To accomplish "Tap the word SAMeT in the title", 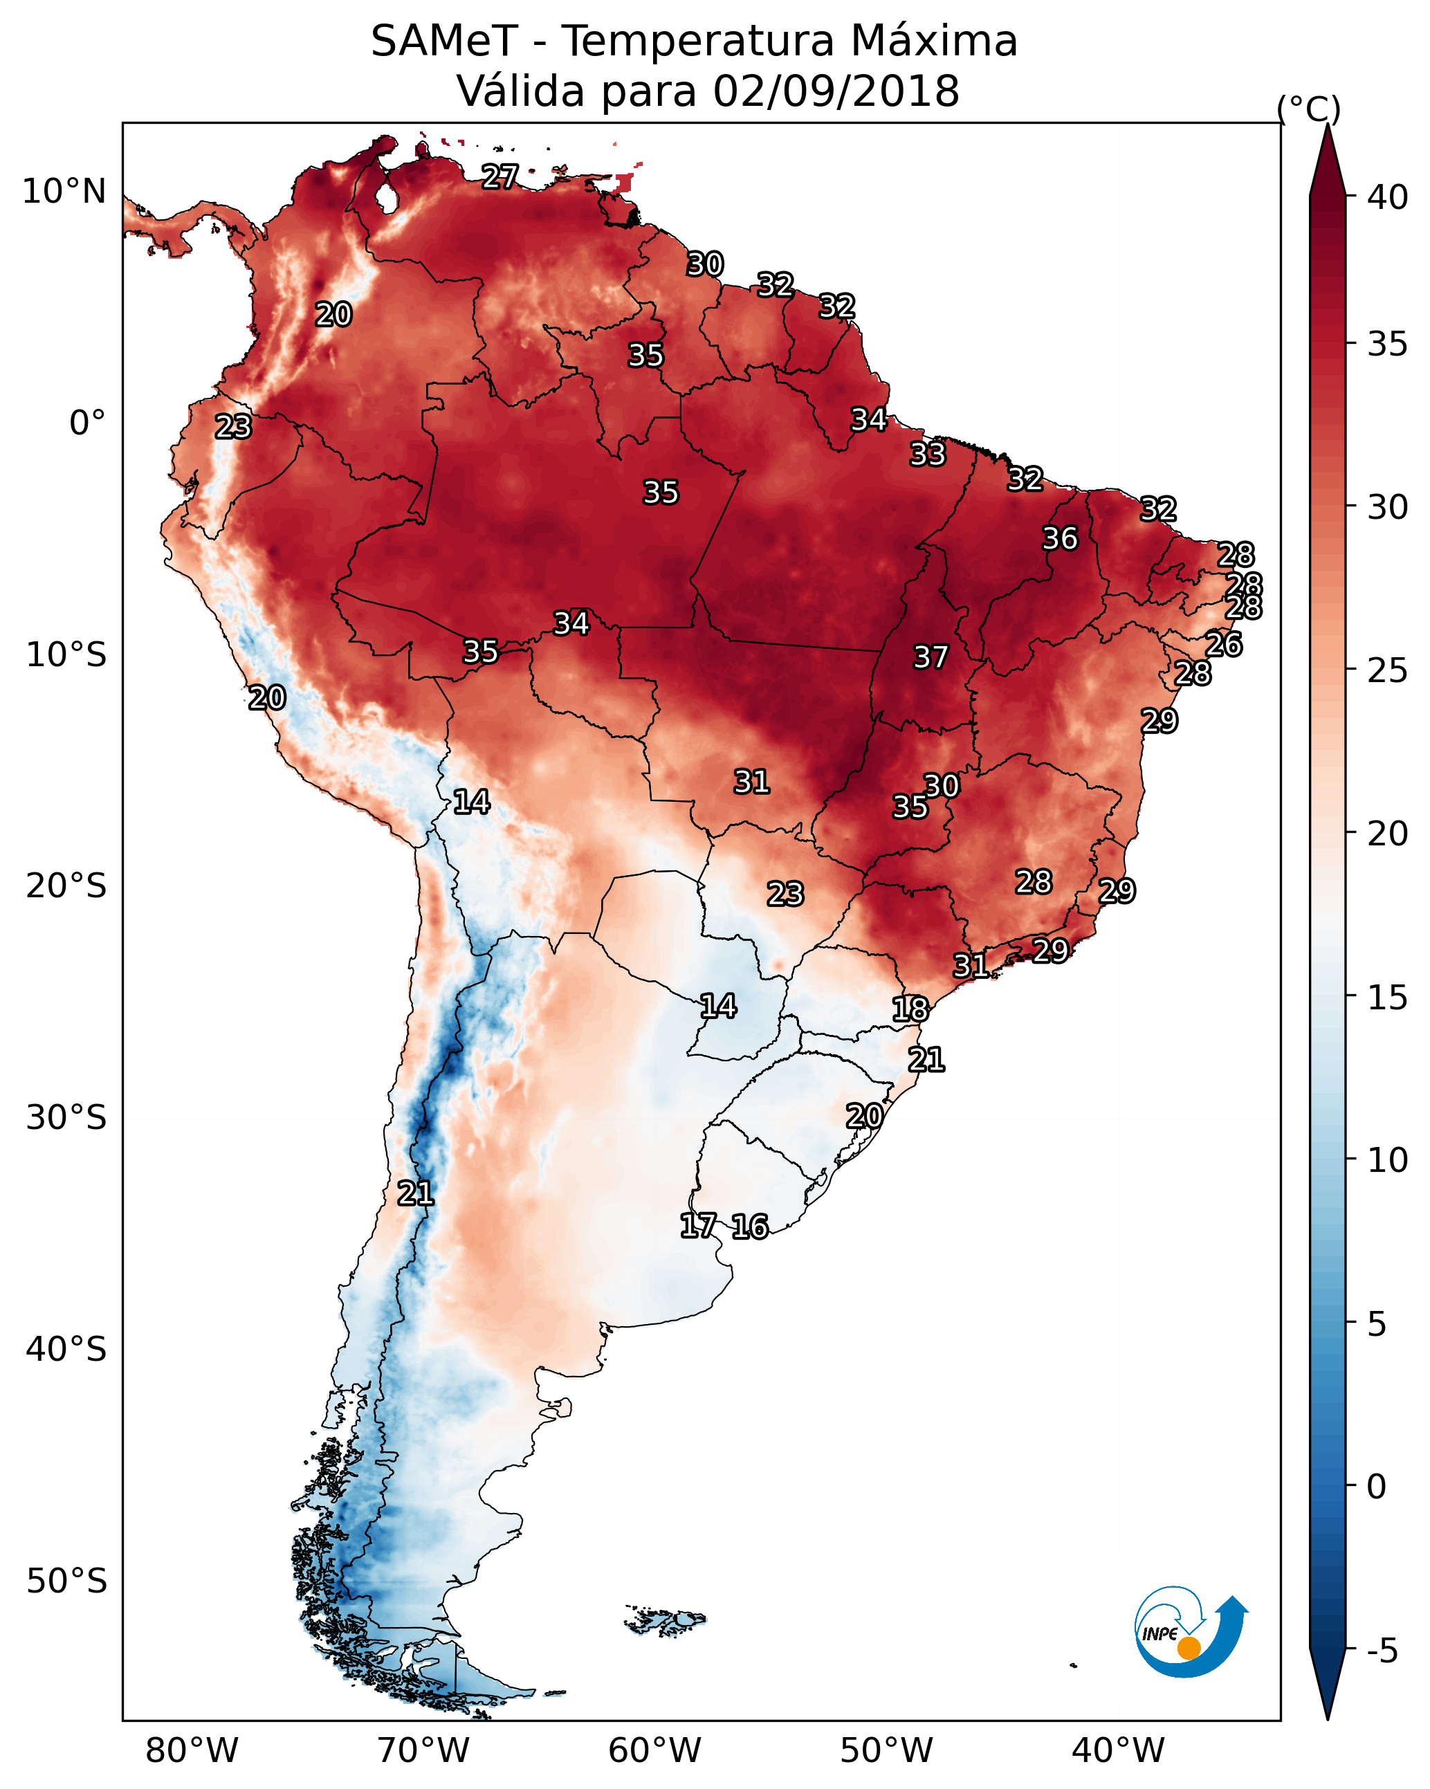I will [x=444, y=42].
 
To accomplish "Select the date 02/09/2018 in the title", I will [x=836, y=91].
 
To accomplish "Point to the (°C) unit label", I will [x=1308, y=109].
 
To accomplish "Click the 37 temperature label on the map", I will [x=931, y=657].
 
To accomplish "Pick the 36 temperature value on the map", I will [x=1060, y=538].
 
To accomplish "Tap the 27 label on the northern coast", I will [x=499, y=176].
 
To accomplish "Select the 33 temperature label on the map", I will [x=927, y=454].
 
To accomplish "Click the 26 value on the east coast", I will [x=1223, y=644].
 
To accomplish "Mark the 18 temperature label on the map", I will [x=910, y=1009].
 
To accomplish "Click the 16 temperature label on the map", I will [x=749, y=1227].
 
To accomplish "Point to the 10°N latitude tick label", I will [x=64, y=192].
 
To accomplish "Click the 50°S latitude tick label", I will [x=66, y=1581].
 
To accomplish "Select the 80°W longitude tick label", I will [x=192, y=1750].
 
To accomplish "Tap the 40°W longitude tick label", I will [x=1118, y=1750].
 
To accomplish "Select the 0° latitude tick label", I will [x=87, y=423].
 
